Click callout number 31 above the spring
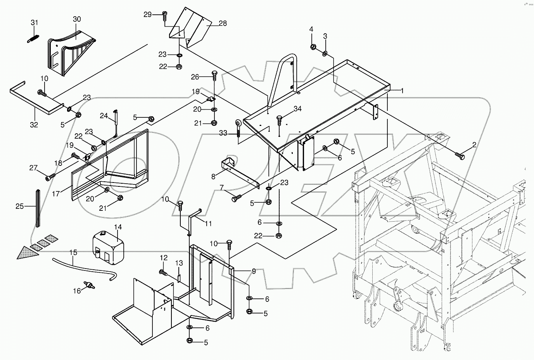point(35,23)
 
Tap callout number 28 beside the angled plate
point(223,24)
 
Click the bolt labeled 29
point(164,16)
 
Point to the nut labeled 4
point(313,47)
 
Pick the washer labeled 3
point(325,53)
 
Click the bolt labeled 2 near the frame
point(461,156)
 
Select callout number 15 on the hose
point(73,253)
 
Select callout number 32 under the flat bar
point(34,125)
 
